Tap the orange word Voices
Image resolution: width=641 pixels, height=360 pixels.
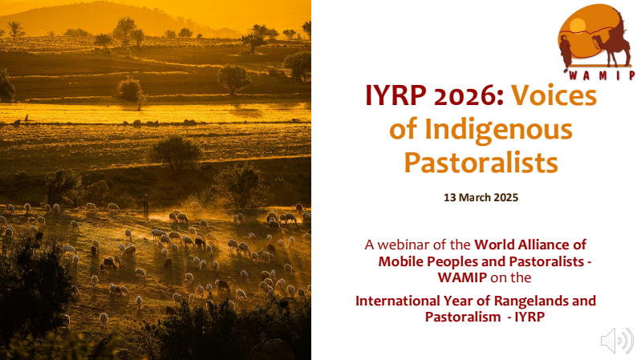[x=554, y=95]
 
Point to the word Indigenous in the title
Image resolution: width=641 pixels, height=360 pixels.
[x=498, y=130]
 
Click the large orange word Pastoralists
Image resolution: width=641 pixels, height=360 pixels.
[x=481, y=162]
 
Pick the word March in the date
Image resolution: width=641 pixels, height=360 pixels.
[x=475, y=197]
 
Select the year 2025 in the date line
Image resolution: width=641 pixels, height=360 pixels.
[x=506, y=197]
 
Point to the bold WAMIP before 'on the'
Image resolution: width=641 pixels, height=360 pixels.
[x=462, y=277]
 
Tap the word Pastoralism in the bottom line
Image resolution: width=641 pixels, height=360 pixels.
[x=463, y=317]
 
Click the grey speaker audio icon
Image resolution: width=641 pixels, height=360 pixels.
[x=616, y=340]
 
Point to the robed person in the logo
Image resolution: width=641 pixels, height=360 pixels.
[x=566, y=52]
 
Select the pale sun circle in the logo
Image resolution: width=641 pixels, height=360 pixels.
[x=578, y=26]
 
